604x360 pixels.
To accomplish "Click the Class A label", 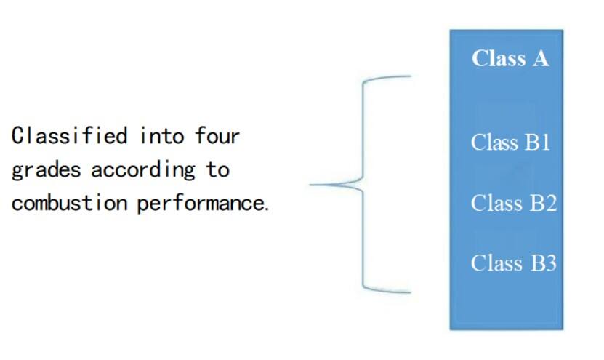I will [510, 58].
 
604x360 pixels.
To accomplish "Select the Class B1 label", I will [510, 142].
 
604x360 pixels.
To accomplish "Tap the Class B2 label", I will [513, 203].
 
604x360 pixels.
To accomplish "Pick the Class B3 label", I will [513, 262].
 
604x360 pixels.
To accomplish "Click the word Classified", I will [69, 135].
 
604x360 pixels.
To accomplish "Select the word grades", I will [46, 170].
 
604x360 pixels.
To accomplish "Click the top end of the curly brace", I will [410, 75].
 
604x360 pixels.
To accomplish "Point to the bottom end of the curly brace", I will [410, 292].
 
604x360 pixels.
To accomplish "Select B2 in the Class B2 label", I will [542, 203].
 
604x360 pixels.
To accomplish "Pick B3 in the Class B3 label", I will [542, 262].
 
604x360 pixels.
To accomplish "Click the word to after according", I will [217, 170].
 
